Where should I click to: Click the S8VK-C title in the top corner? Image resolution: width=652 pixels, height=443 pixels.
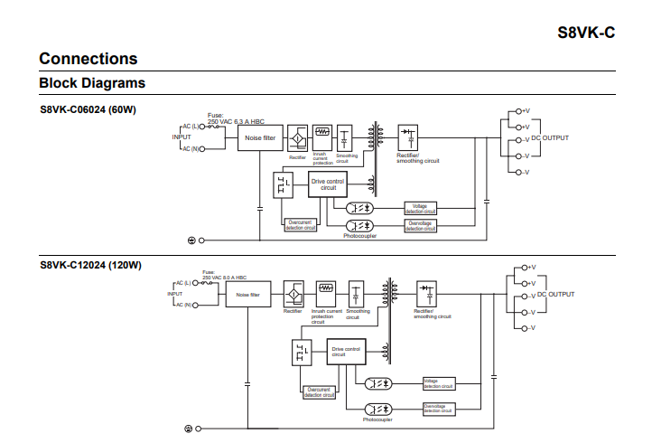(x=586, y=33)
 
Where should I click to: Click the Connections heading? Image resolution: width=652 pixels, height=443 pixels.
(x=88, y=59)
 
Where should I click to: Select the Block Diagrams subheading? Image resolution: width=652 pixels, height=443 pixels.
(x=92, y=83)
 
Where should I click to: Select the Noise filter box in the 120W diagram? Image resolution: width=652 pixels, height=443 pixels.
(x=247, y=295)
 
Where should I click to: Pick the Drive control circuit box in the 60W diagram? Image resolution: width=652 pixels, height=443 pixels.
(x=328, y=185)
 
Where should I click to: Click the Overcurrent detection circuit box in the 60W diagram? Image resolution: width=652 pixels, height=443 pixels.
(x=301, y=225)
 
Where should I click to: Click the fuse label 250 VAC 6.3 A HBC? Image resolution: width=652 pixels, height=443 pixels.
(x=236, y=120)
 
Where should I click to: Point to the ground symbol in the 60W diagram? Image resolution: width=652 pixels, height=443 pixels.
(x=191, y=240)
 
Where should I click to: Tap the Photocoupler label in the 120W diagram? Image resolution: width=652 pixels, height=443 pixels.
(x=377, y=420)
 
